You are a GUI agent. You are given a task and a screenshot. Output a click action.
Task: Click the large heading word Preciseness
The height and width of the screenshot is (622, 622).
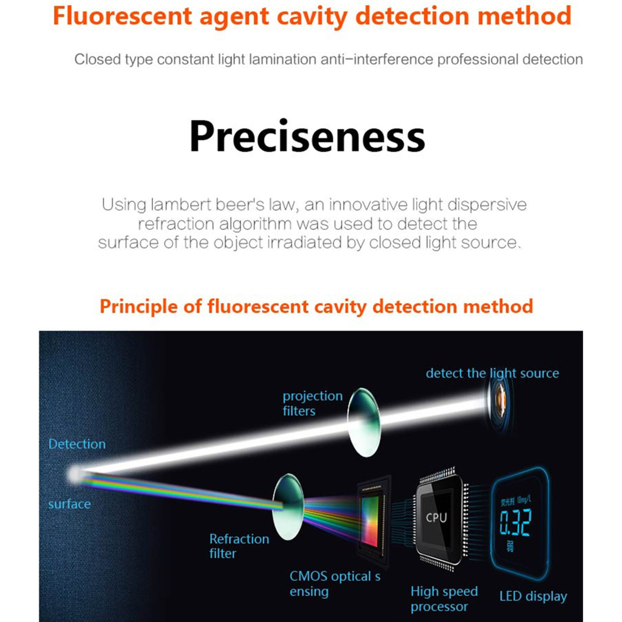pos(307,136)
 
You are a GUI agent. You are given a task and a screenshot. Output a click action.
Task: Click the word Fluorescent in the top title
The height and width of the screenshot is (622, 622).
pos(122,16)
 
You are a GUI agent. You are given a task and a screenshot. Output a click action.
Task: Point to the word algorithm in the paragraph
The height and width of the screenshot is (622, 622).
pos(255,224)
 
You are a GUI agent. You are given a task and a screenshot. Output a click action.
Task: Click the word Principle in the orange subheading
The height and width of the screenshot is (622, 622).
pos(138,307)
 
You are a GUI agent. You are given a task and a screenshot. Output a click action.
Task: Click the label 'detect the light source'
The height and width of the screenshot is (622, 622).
pos(492,373)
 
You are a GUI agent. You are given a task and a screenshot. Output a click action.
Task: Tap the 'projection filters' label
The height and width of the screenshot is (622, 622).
pos(313,403)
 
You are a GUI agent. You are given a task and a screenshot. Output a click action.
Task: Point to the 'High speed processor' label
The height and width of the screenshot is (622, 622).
pos(444,599)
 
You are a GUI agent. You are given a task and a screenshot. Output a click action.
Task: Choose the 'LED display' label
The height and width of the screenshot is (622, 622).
pos(533,597)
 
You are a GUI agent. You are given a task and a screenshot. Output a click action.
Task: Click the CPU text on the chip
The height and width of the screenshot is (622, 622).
pos(436,517)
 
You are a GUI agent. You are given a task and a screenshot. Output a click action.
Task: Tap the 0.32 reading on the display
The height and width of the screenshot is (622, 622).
pos(515,522)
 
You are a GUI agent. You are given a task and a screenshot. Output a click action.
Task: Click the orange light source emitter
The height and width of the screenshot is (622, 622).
pos(500,402)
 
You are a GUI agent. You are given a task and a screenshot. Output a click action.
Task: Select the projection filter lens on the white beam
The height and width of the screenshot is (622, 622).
pos(364,422)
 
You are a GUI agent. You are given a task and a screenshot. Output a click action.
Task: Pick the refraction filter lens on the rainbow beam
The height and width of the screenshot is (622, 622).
pos(288,507)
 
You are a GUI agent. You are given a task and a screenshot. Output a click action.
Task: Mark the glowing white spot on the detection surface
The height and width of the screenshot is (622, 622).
pos(75,474)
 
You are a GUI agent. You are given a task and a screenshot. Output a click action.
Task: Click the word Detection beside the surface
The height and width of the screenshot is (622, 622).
pos(77,444)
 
